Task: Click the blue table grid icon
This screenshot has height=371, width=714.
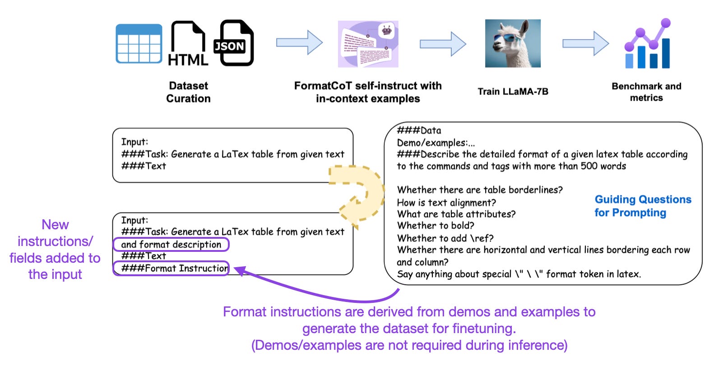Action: [x=139, y=43]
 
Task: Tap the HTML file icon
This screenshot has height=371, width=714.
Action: [x=188, y=44]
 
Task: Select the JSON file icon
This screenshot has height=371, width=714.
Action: [x=233, y=43]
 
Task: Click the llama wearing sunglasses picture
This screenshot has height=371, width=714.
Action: [x=513, y=43]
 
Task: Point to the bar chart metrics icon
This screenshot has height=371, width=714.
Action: [x=647, y=44]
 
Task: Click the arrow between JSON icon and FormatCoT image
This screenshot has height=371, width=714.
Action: [x=299, y=43]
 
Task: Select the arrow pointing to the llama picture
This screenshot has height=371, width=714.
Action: [x=442, y=44]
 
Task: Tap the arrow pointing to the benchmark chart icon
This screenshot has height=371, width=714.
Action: [x=585, y=43]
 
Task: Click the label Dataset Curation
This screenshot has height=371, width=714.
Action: [x=188, y=92]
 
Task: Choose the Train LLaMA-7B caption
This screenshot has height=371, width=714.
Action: [x=513, y=92]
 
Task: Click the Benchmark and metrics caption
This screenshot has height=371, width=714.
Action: [x=646, y=92]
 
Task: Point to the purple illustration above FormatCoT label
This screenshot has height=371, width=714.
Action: [x=368, y=44]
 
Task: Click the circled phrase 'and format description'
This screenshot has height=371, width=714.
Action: [x=171, y=245]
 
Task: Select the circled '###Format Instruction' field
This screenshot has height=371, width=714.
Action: [x=171, y=269]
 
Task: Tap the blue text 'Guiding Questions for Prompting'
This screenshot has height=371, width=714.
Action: [x=642, y=206]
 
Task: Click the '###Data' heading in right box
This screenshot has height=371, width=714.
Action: [x=419, y=131]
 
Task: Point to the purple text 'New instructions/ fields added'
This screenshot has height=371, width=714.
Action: [x=55, y=249]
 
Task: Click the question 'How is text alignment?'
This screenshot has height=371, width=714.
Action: [x=446, y=203]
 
